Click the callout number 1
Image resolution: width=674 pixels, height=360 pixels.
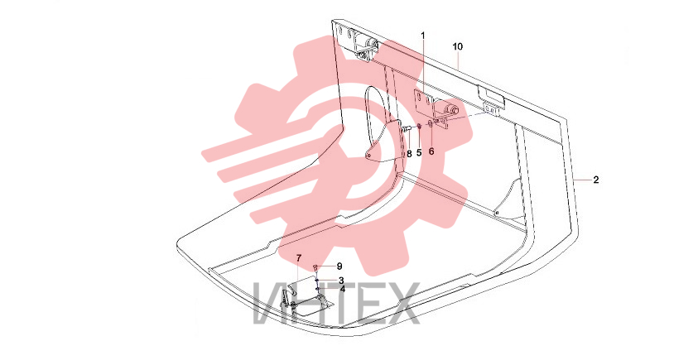[x=423, y=36]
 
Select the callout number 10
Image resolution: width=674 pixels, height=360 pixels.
[x=458, y=46]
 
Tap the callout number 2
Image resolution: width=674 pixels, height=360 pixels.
[x=596, y=180]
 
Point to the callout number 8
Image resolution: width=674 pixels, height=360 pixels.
[x=409, y=154]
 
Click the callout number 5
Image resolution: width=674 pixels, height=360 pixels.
[x=419, y=152]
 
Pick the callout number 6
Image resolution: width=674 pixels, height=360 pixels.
[x=431, y=151]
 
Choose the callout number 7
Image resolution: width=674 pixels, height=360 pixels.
[x=299, y=257]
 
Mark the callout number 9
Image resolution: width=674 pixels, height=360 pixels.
[x=339, y=266]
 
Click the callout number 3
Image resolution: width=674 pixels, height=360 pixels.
[x=341, y=281]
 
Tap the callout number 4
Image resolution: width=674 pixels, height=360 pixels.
[x=343, y=289]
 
